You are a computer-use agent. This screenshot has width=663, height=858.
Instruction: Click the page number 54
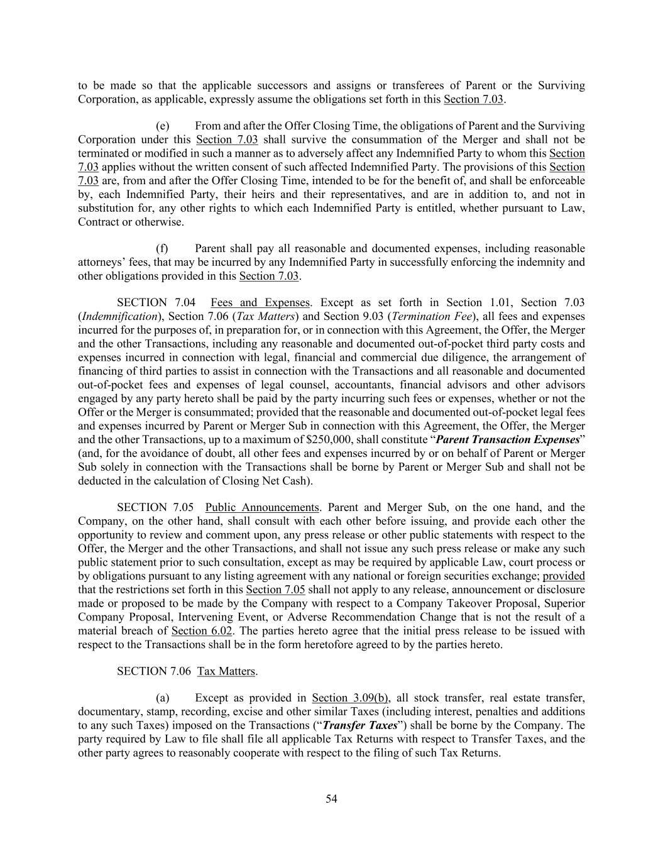(331, 799)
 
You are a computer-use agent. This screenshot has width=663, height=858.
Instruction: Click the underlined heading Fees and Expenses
(260, 303)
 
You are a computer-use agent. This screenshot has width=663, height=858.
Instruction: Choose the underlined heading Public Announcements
(262, 508)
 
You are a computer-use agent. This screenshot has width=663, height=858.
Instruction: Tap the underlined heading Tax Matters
(226, 671)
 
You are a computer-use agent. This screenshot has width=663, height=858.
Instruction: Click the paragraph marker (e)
(162, 126)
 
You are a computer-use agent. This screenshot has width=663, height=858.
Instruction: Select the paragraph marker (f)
(162, 249)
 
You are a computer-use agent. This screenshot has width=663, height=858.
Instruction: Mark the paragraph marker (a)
(162, 698)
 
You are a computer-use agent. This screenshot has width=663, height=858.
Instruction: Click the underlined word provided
(564, 576)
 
